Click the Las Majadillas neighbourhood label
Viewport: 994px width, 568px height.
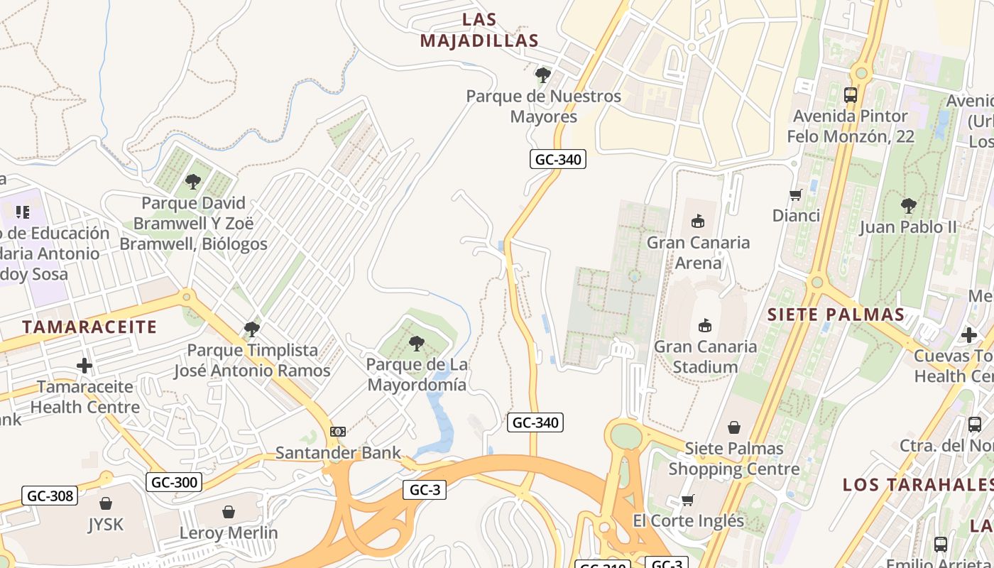tap(479, 30)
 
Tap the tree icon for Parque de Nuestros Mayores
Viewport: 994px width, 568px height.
tap(543, 75)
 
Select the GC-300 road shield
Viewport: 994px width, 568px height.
tap(175, 483)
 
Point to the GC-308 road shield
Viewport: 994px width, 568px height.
tap(49, 496)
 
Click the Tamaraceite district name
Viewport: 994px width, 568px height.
tap(89, 327)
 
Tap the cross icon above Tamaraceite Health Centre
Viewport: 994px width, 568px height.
tap(84, 366)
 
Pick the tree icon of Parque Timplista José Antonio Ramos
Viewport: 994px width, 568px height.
tap(251, 329)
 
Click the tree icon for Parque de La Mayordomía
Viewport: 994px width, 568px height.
tap(417, 344)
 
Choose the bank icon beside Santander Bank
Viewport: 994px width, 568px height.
tap(338, 431)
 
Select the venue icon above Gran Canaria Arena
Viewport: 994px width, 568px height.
tap(698, 222)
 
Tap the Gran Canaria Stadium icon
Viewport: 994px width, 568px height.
tap(705, 326)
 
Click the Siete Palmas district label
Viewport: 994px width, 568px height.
tap(836, 315)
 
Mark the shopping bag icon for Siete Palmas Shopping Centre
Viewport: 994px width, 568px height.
tap(734, 427)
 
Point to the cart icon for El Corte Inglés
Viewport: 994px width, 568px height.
tap(687, 500)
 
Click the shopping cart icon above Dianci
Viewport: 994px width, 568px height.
tap(796, 195)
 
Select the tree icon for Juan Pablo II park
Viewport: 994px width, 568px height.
tap(908, 206)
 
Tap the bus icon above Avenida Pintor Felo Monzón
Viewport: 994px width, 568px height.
tap(850, 94)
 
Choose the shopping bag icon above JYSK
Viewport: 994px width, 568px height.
tap(106, 503)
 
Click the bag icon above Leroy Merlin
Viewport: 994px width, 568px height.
tap(229, 511)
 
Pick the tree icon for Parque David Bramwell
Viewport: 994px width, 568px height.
tap(193, 182)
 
